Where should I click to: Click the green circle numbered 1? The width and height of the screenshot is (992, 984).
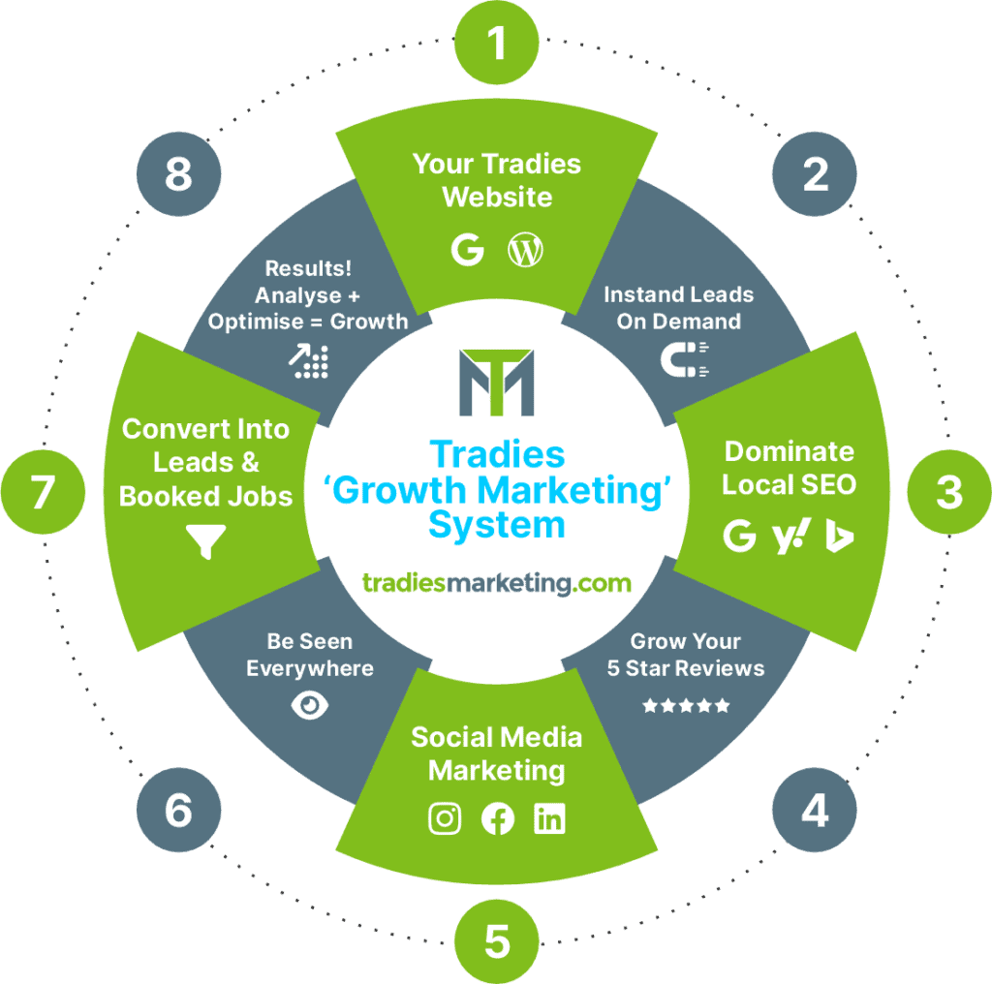click(x=497, y=42)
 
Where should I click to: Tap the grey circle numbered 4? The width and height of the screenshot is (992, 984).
click(x=814, y=811)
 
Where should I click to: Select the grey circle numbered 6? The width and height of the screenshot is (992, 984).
click(x=178, y=811)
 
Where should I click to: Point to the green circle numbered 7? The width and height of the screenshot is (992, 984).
click(x=43, y=492)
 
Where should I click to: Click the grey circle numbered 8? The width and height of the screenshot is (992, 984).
click(x=178, y=175)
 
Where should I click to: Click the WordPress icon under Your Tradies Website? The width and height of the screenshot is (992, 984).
click(x=525, y=251)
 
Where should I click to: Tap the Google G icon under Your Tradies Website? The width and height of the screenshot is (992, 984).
click(x=468, y=251)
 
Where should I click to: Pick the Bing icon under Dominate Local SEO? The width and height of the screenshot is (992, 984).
click(x=839, y=536)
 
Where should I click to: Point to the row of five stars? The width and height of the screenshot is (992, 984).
click(x=686, y=706)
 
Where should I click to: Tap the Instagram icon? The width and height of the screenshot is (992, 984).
click(x=445, y=818)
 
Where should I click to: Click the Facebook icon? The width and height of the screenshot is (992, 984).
click(x=498, y=818)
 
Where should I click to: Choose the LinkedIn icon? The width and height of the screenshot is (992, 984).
click(x=549, y=818)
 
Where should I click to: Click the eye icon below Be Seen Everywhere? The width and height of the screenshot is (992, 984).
click(x=310, y=706)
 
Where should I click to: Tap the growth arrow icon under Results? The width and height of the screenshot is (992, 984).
click(x=309, y=360)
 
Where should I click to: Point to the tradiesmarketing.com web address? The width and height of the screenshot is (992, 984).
click(x=497, y=583)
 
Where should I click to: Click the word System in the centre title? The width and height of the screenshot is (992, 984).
click(x=497, y=525)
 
